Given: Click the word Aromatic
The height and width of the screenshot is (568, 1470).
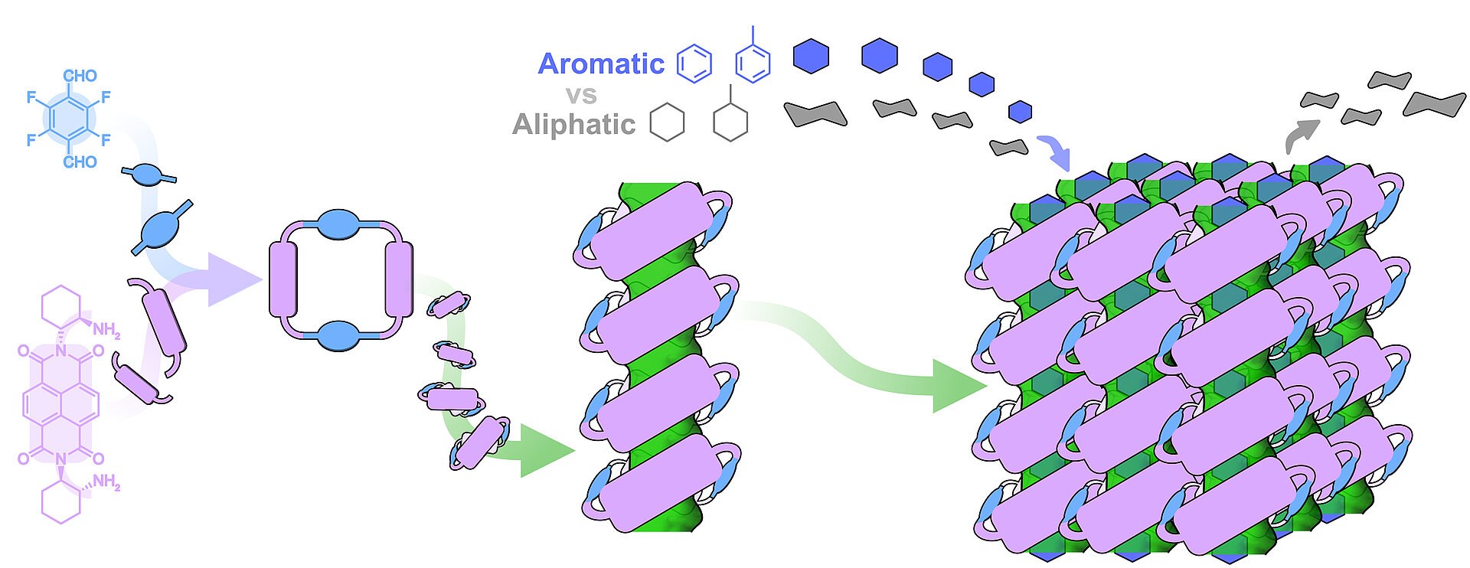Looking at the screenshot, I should click(x=601, y=64).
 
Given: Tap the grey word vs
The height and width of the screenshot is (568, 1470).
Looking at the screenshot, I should click(x=581, y=96).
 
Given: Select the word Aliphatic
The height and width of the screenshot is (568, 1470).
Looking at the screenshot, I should click(x=573, y=124).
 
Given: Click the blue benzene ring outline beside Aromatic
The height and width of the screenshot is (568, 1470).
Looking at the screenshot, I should click(x=694, y=64).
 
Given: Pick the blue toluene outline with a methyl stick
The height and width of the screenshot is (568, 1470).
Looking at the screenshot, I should click(x=753, y=61).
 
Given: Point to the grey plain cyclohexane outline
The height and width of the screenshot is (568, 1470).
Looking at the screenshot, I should click(x=667, y=122).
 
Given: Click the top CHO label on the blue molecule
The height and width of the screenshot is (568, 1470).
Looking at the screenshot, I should click(x=80, y=76).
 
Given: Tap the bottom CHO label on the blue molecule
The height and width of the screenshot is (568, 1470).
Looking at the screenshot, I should click(x=80, y=162).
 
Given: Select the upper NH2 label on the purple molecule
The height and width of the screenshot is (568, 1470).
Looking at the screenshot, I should click(x=106, y=330).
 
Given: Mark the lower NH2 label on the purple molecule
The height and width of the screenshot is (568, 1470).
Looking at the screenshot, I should click(x=106, y=482).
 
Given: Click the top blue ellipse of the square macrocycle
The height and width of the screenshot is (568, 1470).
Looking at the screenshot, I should click(x=338, y=224).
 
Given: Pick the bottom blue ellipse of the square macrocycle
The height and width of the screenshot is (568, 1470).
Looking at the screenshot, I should click(x=338, y=336).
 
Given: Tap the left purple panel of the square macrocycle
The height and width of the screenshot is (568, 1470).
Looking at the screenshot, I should click(x=283, y=279).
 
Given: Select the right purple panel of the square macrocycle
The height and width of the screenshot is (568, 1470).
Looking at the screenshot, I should click(x=399, y=279).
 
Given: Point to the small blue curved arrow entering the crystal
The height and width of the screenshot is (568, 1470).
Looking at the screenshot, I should click(x=1057, y=151).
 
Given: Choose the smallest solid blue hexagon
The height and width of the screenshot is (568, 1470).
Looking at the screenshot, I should click(x=1020, y=112).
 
